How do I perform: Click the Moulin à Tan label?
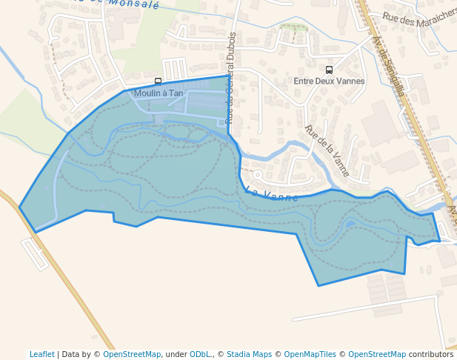pos(159,93)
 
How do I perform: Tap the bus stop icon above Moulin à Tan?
pos(158,81)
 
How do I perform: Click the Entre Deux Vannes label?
pos(329,81)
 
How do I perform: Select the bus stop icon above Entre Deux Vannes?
pos(329,70)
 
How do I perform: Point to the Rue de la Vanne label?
pos(327,150)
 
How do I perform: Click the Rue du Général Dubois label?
pos(230,77)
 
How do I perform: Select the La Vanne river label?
pos(271,196)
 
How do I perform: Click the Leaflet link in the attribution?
pos(42,354)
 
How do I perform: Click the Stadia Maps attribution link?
pos(249,354)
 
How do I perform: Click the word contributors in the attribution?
pos(431,354)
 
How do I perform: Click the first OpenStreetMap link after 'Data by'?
pos(132,354)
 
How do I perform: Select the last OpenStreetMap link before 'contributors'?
pos(377,354)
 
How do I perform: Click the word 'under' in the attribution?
pos(176,354)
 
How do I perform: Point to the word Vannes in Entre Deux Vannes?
pos(350,81)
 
